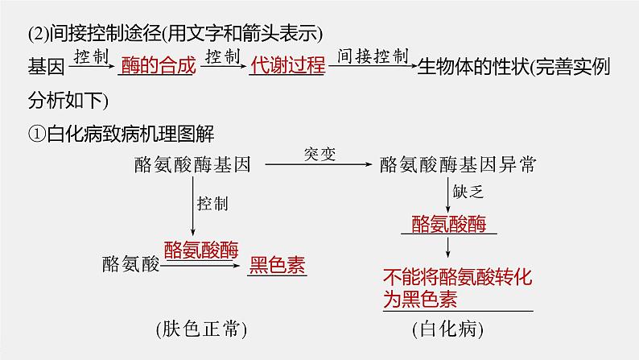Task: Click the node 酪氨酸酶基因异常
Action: (456, 164)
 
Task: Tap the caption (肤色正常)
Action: (202, 329)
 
